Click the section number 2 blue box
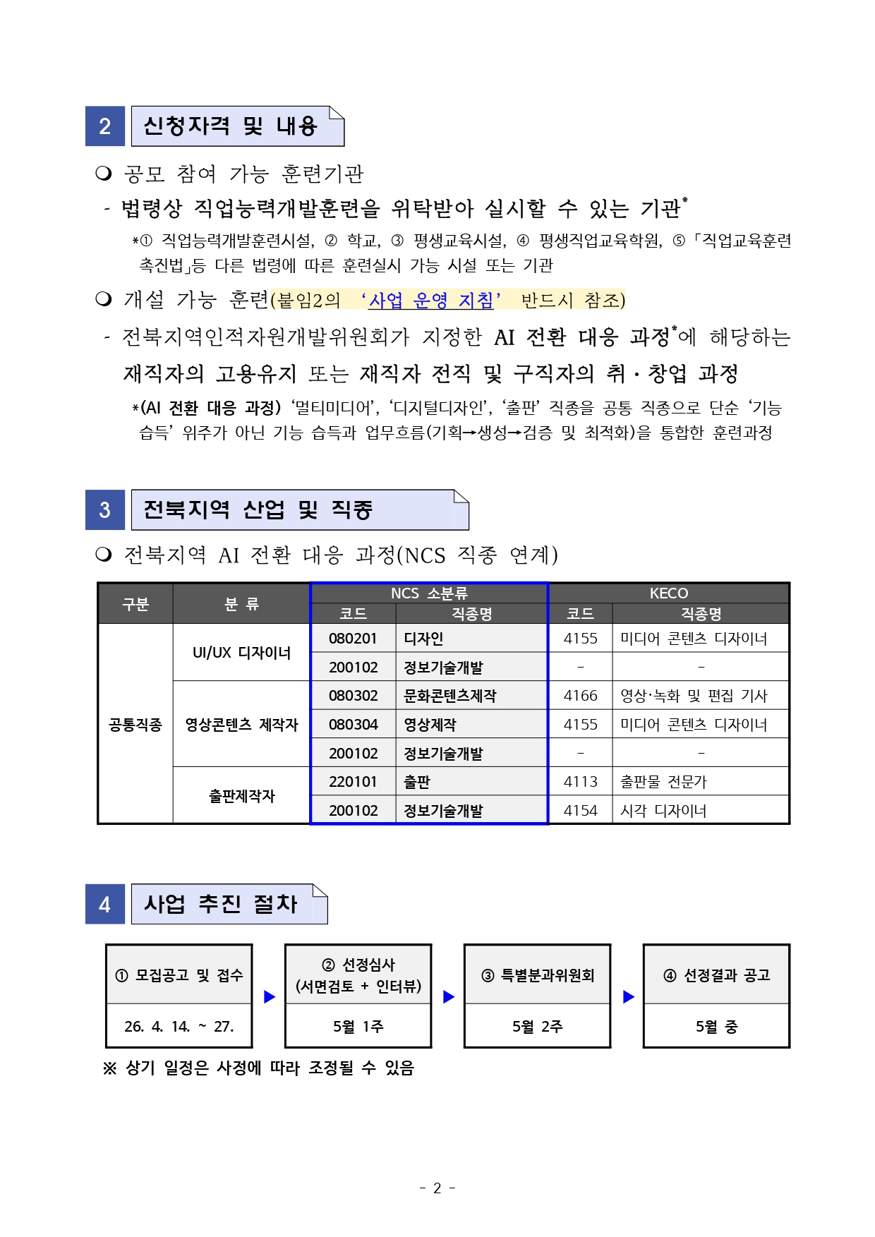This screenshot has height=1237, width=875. coord(105,126)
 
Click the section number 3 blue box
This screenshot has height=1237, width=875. coord(105,509)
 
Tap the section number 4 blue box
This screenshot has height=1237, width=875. coord(105,904)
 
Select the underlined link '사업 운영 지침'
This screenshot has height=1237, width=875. coord(430,301)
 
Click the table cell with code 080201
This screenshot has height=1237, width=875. coord(353,639)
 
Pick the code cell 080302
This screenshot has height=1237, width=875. coord(353,696)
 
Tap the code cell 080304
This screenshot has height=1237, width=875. coord(353,725)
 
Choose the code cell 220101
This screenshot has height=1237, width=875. coord(353,782)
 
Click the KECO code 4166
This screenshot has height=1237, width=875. coord(580,696)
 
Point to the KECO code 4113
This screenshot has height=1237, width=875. coord(580,782)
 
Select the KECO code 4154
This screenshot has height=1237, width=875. coord(580,811)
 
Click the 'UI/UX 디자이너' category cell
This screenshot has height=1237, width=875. coord(241,653)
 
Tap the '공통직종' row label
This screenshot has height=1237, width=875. coord(135,725)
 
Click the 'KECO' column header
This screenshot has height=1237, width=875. coord(668,593)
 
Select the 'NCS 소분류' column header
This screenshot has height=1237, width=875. coord(429,593)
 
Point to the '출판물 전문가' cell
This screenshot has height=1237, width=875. coord(663,782)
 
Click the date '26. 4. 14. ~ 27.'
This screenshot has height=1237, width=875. coord(179,1027)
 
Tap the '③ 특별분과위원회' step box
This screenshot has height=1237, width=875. coord(537,975)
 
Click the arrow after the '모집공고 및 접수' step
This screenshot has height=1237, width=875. coord(269,997)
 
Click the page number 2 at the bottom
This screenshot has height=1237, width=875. coord(437,1188)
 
